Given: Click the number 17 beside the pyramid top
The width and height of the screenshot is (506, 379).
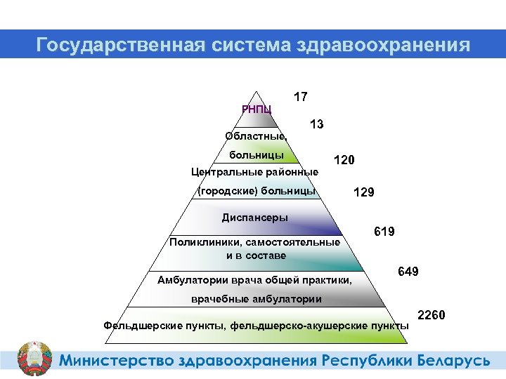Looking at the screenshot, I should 300,97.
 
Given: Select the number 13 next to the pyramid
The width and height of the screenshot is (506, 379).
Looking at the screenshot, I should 316,125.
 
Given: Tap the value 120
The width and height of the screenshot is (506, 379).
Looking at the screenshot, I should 344,161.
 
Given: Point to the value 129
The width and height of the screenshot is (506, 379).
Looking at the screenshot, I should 363,192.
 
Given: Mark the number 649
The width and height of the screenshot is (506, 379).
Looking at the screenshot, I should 408,271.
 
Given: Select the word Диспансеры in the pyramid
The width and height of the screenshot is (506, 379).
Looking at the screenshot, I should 254,217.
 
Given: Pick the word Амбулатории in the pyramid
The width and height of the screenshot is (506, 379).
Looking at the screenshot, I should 188,281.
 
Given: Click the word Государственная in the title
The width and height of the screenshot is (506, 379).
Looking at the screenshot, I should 119,46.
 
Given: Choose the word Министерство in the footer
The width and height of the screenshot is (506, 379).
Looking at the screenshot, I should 116,361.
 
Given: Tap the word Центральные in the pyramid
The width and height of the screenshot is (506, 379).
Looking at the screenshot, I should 223,172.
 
